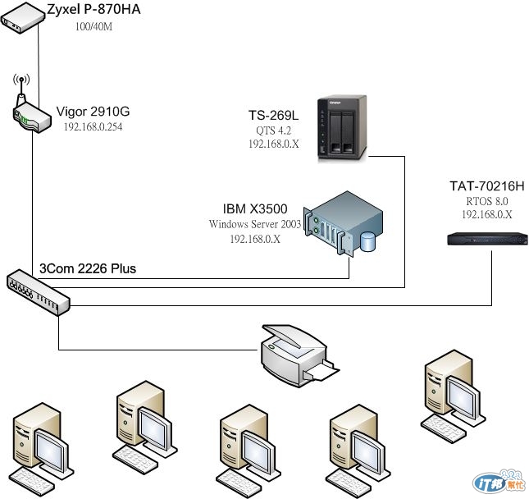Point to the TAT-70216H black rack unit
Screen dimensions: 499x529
coord(487,239)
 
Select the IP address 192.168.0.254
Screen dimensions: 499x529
coord(93,127)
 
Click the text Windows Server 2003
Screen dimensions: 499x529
coord(255,224)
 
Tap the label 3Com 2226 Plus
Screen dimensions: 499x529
coord(88,268)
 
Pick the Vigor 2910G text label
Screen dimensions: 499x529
coord(93,112)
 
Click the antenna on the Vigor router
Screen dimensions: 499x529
coord(21,82)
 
